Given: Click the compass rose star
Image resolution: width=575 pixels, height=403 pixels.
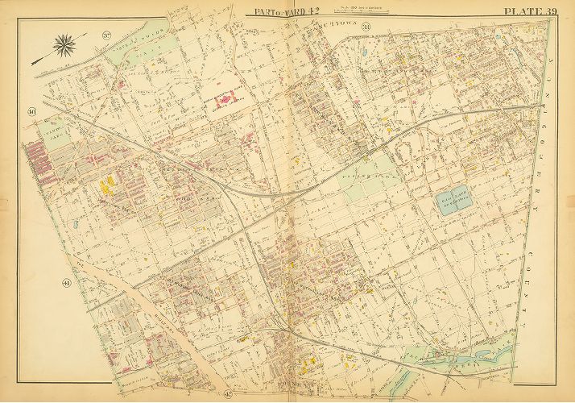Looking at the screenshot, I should [x=64, y=45].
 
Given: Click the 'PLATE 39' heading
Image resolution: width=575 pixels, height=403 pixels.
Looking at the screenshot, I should [x=529, y=10].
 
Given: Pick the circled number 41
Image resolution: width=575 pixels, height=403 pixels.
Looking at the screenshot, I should [x=65, y=283].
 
